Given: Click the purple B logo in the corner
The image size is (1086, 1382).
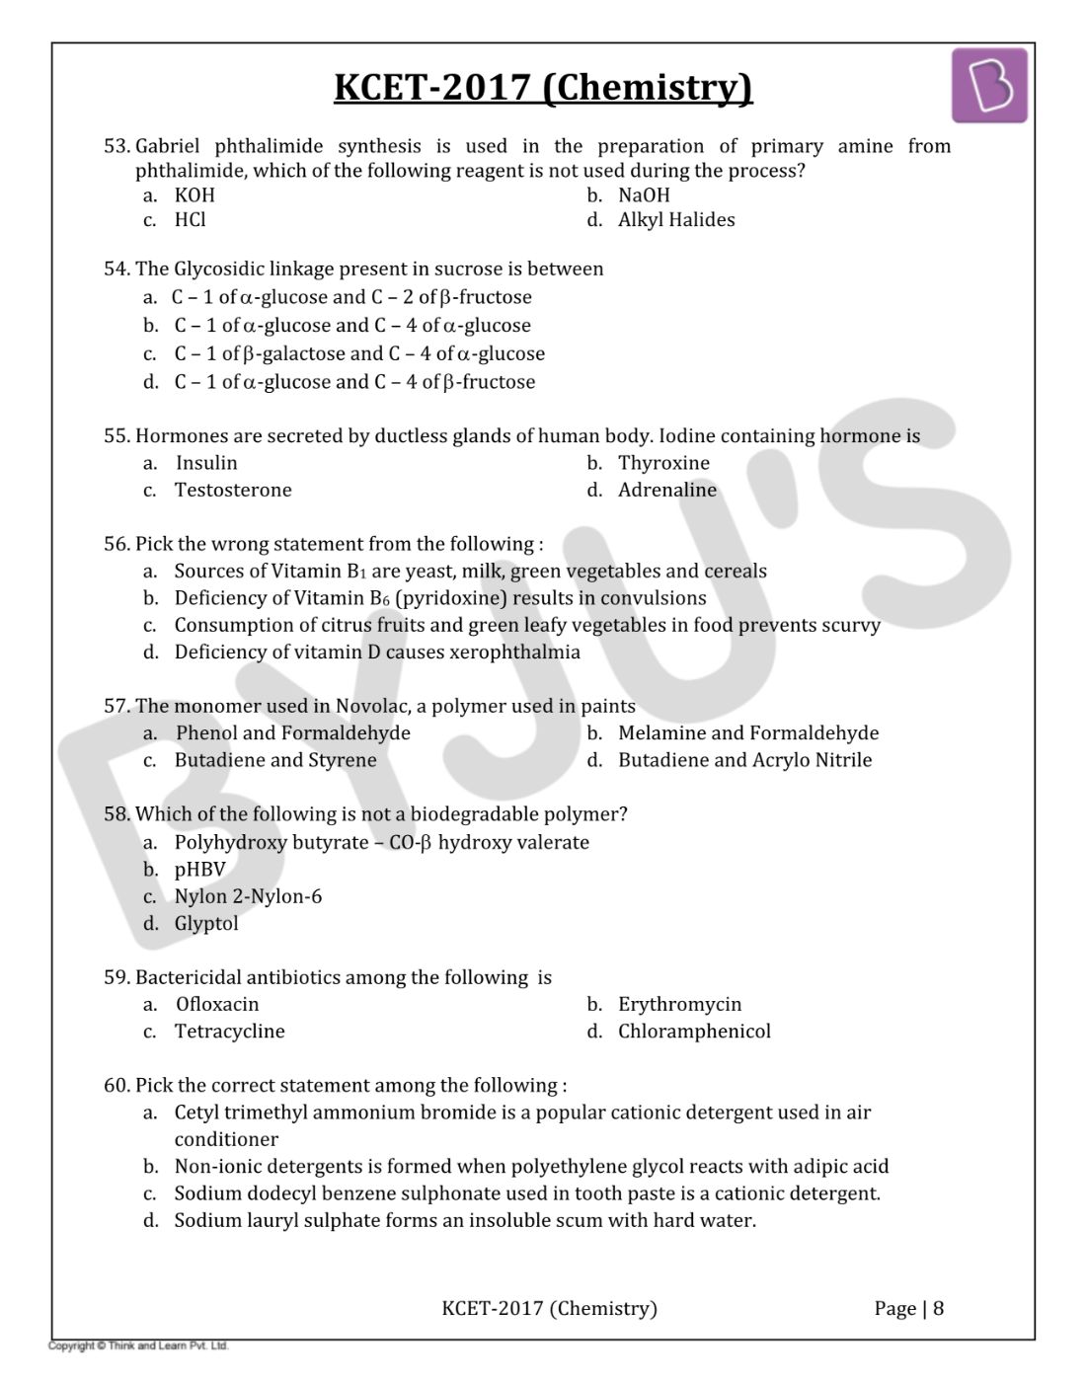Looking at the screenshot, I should click(x=989, y=86).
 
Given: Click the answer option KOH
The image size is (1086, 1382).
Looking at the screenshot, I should click(x=194, y=195).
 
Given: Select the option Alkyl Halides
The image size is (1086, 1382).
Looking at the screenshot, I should click(x=676, y=220).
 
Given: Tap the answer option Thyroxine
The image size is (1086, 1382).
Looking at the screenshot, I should click(x=663, y=463).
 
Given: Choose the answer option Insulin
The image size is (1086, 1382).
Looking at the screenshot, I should click(x=206, y=463).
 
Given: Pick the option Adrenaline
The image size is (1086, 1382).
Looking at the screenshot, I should click(x=667, y=490).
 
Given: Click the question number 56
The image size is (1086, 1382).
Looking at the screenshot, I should click(x=116, y=544).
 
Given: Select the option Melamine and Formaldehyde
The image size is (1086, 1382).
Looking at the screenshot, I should click(x=747, y=733).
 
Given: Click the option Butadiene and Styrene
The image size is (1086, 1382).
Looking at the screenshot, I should click(x=275, y=760).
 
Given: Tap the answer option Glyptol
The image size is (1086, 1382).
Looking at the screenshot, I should click(x=206, y=924).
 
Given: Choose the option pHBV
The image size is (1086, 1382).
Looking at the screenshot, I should click(x=199, y=870).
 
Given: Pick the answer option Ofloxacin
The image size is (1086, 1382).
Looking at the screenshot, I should click(x=217, y=1005).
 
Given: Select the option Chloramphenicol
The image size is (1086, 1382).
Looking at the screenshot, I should click(x=694, y=1032).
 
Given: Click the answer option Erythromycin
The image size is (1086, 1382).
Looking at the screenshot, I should click(x=679, y=1005).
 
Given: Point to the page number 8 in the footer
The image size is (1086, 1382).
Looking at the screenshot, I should click(x=938, y=1309).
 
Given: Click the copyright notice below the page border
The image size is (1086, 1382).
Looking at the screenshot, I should click(x=139, y=1345).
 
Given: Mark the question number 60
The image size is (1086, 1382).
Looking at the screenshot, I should click(x=116, y=1086).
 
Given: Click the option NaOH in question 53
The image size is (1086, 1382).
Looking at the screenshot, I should click(x=644, y=195).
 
